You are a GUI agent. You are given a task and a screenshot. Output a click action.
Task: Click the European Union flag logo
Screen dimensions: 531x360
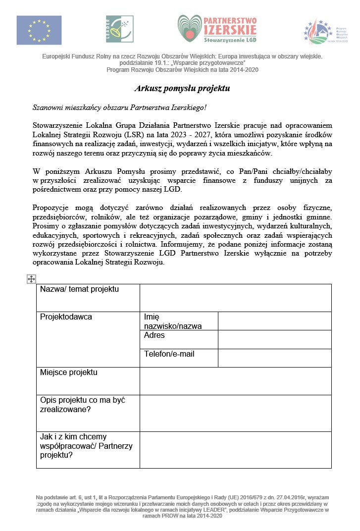39,30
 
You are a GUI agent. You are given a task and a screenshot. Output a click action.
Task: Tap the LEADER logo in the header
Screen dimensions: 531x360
119,29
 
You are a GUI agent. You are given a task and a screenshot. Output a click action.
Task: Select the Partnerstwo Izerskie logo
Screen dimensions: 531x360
217,30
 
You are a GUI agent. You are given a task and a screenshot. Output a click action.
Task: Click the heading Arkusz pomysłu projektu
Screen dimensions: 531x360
182,89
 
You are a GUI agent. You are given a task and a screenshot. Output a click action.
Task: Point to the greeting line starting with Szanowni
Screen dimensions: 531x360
119,107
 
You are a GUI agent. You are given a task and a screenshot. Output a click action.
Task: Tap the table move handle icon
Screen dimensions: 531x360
31,279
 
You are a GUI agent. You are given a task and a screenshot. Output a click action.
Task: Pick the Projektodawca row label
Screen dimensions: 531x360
66,317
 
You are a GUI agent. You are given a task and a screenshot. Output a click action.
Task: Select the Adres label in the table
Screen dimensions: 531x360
154,335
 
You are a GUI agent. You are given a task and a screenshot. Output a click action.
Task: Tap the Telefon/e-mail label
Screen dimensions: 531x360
169,354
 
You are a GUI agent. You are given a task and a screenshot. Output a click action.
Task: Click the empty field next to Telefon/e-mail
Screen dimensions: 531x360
274,358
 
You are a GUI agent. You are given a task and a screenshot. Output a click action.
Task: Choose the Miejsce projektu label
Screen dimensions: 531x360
69,372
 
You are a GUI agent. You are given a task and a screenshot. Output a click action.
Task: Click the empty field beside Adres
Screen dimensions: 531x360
274,339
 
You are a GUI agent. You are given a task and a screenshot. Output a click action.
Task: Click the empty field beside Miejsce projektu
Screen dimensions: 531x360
235,380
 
